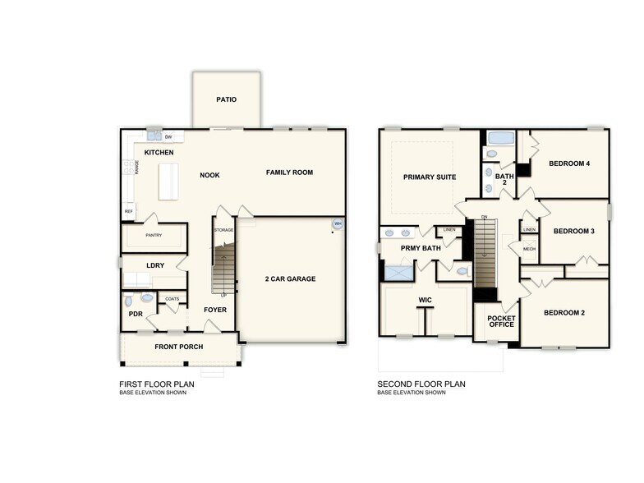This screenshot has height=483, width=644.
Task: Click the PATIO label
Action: pos(227,100)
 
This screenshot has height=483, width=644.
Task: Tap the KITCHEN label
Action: pos(159,153)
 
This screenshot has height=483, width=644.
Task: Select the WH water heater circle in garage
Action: pos(337,223)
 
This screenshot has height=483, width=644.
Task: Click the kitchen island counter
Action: pos(172,182)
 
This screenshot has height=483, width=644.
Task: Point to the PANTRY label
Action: pos(154,236)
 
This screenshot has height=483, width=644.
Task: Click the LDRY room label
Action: pos(155,265)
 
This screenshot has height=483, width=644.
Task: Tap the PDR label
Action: pos(136,314)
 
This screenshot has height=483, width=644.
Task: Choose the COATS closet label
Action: pos(172,299)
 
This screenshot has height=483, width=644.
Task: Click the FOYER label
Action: pos(215,310)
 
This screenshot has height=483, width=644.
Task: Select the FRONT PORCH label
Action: pos(179,347)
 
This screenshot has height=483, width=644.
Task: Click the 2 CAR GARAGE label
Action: pos(290,279)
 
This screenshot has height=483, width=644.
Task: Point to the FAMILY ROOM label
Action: pos(289,172)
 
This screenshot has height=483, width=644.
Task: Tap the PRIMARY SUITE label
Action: pos(429,177)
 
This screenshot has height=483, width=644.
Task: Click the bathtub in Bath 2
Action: pos(500,137)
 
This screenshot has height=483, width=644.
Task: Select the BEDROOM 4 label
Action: pos(569,163)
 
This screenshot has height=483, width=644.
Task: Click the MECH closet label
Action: pos(529,249)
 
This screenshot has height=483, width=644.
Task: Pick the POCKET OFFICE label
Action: pos(501,321)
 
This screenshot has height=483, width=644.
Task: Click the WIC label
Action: pos(425,301)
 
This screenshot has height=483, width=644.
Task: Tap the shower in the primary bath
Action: pos(398,271)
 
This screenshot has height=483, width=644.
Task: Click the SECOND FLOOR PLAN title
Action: pos(421,384)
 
